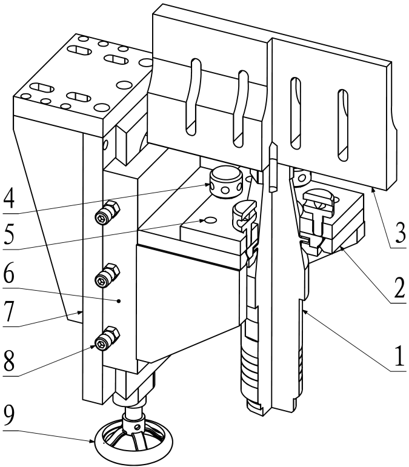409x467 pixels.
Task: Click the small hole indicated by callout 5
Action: coord(208,220)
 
